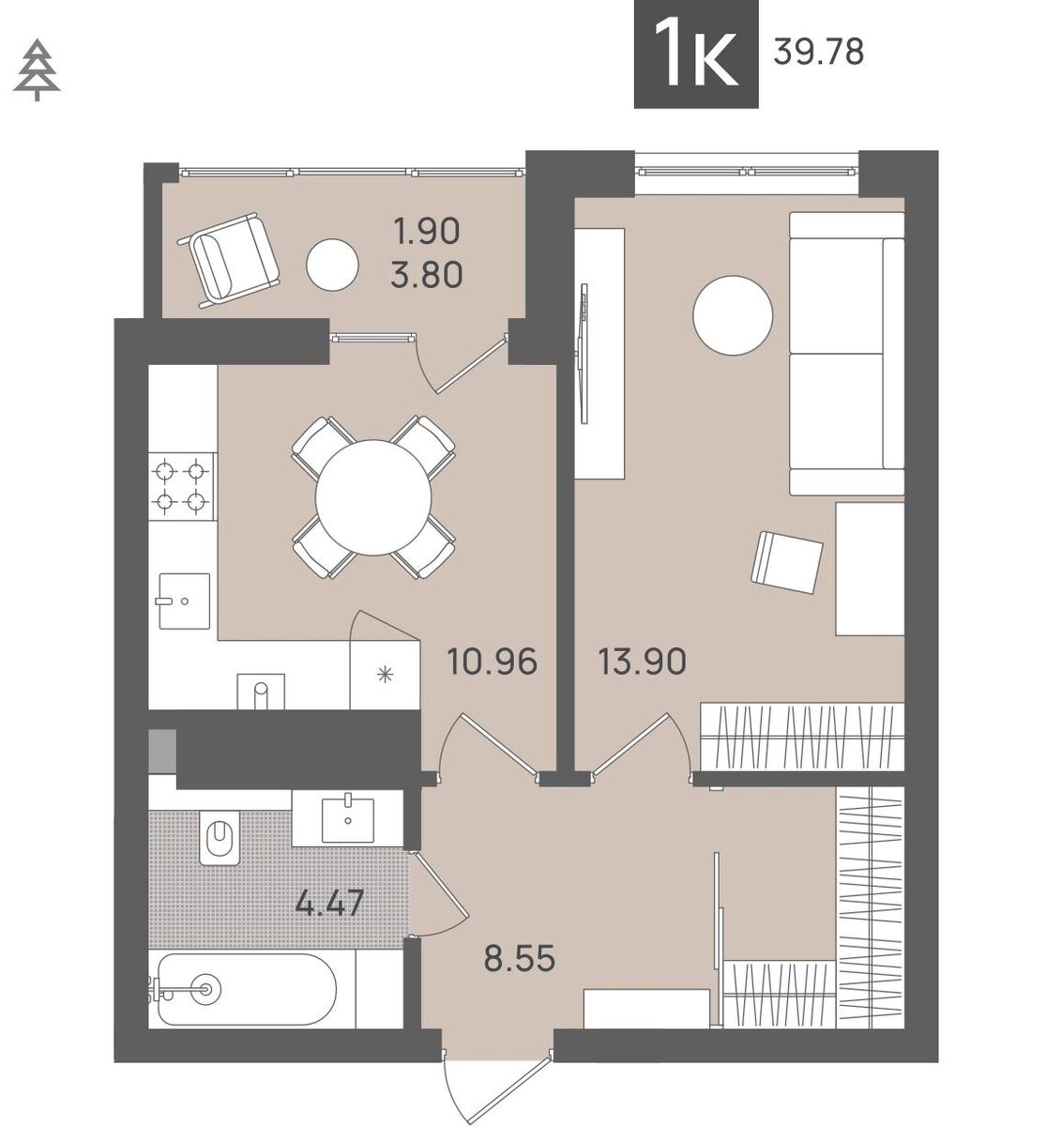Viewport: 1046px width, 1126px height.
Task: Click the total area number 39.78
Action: pyautogui.click(x=819, y=53)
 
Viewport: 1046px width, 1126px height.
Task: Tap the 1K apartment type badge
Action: pyautogui.click(x=696, y=53)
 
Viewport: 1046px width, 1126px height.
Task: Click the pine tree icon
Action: pyautogui.click(x=37, y=69)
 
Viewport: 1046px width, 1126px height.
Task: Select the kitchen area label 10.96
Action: pyautogui.click(x=493, y=662)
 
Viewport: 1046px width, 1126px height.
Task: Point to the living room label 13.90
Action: pyautogui.click(x=643, y=662)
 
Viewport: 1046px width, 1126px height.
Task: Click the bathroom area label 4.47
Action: pyautogui.click(x=329, y=904)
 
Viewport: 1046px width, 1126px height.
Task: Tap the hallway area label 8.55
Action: pyautogui.click(x=520, y=959)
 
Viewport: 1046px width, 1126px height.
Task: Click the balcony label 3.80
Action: pyautogui.click(x=427, y=276)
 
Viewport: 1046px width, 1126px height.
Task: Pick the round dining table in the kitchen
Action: pyautogui.click(x=373, y=498)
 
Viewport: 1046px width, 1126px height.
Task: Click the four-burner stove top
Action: pyautogui.click(x=182, y=486)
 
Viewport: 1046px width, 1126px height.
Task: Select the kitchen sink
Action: pyautogui.click(x=184, y=601)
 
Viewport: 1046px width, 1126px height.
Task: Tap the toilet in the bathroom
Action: pyautogui.click(x=220, y=837)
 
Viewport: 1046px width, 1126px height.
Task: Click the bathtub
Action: pyautogui.click(x=247, y=989)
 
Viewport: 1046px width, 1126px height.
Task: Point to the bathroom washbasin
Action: pyautogui.click(x=347, y=820)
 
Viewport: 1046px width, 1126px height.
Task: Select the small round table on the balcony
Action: pyautogui.click(x=332, y=266)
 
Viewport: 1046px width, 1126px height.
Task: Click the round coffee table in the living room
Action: pyautogui.click(x=733, y=315)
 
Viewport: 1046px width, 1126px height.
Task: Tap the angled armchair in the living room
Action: pyautogui.click(x=787, y=562)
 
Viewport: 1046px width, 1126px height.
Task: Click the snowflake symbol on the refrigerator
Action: pyautogui.click(x=385, y=675)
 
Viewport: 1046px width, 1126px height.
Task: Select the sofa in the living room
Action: pyautogui.click(x=846, y=354)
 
